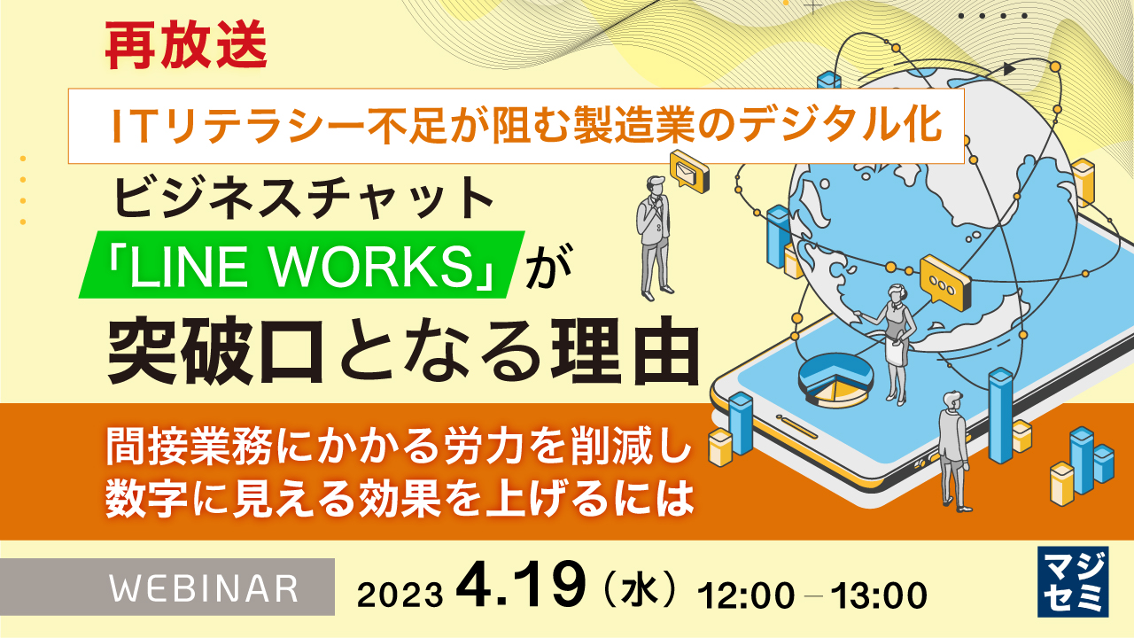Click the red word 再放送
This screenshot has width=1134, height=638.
[185, 50]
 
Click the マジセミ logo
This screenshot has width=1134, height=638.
[1073, 580]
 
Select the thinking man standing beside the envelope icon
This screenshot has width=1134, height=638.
[654, 234]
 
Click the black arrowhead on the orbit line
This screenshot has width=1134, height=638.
[1009, 67]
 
